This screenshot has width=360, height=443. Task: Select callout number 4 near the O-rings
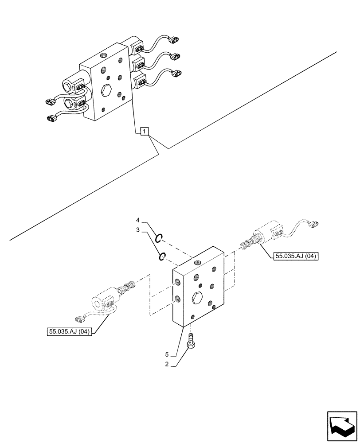[138, 220]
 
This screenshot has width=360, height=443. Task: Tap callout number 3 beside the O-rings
[138, 230]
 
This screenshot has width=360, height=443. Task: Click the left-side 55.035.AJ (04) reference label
[68, 331]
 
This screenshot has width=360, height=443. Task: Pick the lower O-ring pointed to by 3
[162, 256]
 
